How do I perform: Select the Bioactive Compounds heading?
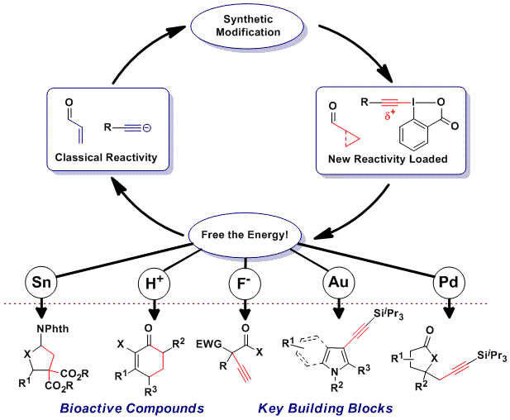click(131, 408)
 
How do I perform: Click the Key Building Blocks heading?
click(325, 408)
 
